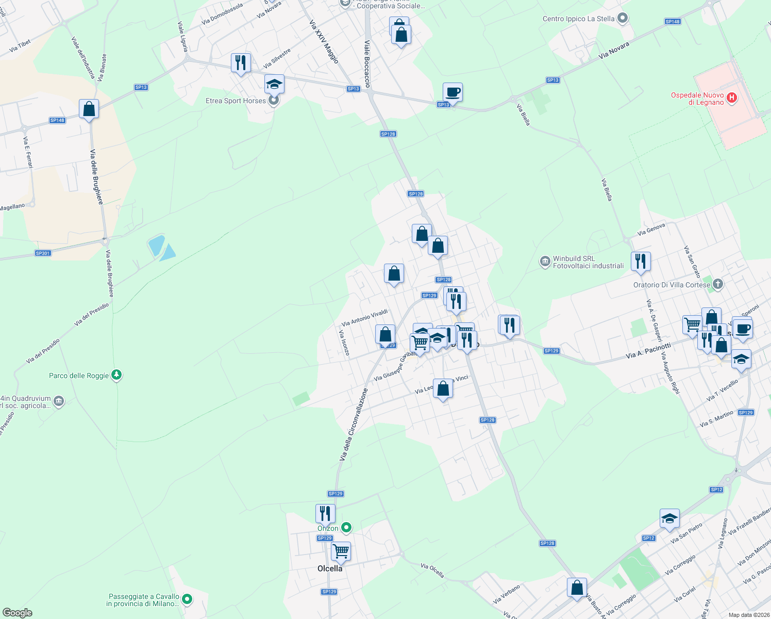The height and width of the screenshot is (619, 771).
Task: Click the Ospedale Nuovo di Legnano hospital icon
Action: (x=731, y=97)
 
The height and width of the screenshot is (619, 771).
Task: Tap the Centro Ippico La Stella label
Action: (x=578, y=19)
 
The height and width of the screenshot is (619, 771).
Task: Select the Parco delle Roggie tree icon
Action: (x=116, y=375)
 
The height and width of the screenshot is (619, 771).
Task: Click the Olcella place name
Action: (x=330, y=568)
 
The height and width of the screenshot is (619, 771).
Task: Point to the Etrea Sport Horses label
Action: (x=236, y=101)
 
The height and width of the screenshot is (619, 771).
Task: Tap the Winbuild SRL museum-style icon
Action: (x=545, y=262)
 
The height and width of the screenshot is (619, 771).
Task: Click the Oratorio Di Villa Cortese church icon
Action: (x=718, y=284)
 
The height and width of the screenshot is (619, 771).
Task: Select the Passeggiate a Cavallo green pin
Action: (x=188, y=599)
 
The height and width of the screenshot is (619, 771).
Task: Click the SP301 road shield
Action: (x=43, y=253)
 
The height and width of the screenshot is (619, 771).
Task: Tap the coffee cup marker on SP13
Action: (x=452, y=93)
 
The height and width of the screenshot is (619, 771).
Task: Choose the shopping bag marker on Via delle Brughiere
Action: (x=89, y=109)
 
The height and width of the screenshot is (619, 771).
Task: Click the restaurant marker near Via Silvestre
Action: (x=241, y=63)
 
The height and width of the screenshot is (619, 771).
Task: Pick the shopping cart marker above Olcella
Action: (x=341, y=551)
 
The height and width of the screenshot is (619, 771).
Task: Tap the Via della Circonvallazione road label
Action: (x=354, y=424)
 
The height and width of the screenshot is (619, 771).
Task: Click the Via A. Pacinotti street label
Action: (x=648, y=351)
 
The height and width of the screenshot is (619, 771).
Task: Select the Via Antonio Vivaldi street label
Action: (x=364, y=318)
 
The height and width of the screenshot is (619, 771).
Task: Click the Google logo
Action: (x=18, y=613)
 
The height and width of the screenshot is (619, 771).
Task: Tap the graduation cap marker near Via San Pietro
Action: (x=669, y=518)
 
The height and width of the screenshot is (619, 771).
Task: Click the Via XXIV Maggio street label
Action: (x=324, y=42)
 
